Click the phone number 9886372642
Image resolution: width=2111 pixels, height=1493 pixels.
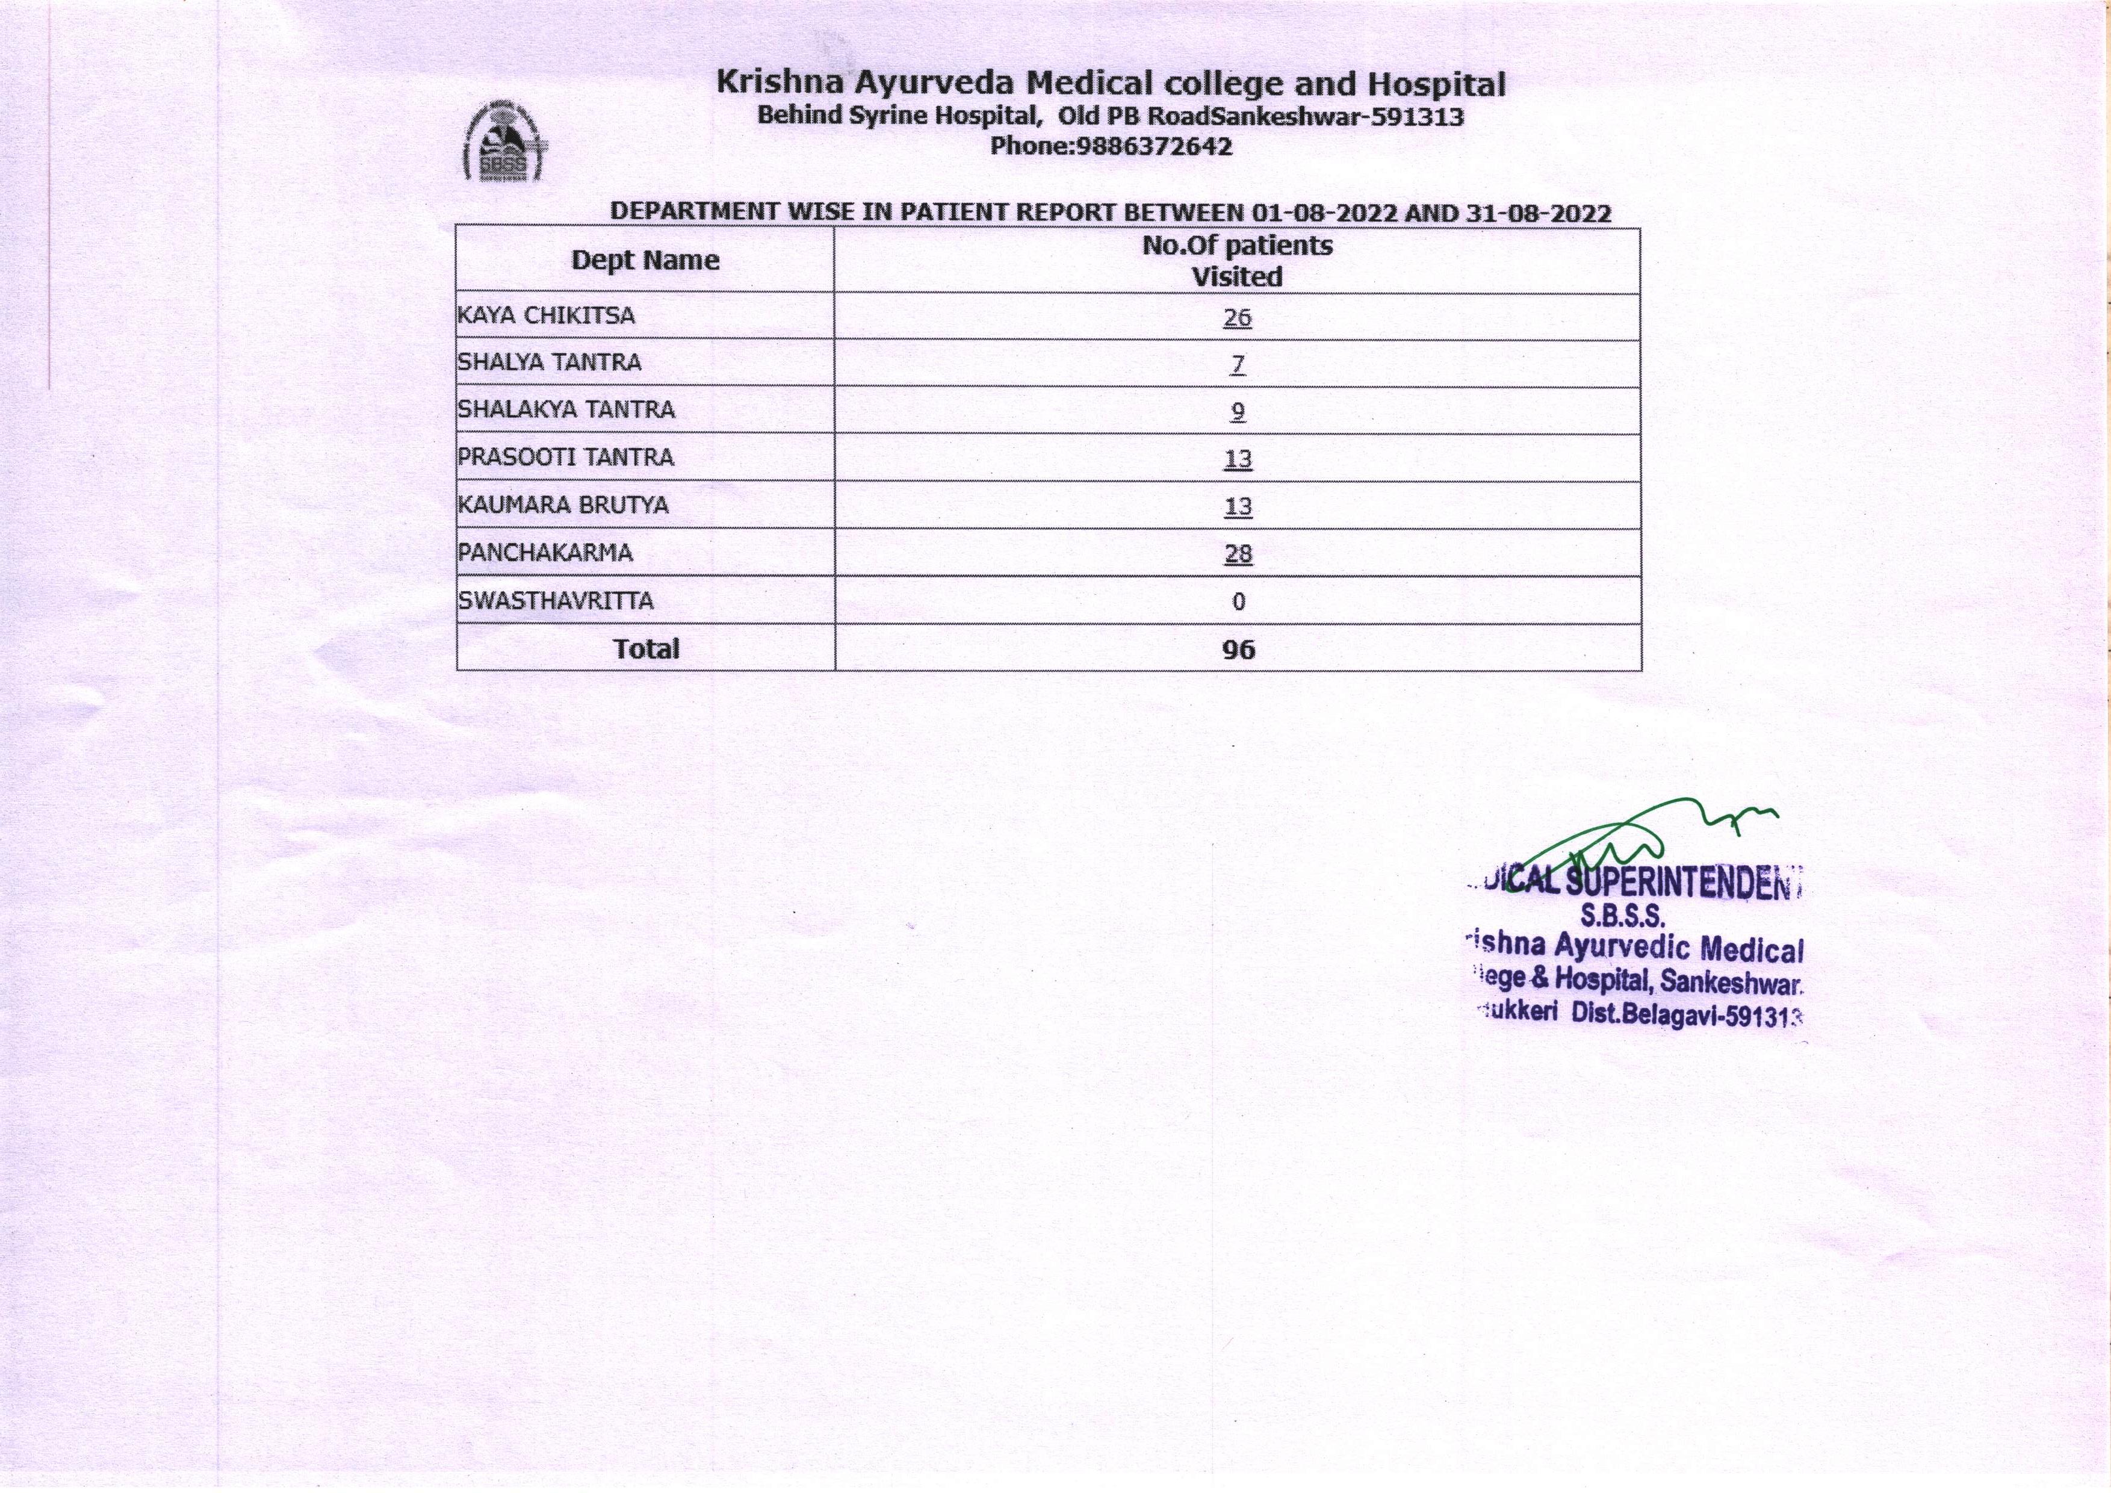point(1152,147)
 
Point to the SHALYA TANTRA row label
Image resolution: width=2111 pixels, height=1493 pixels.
point(549,363)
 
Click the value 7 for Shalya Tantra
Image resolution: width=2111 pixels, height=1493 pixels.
point(1238,365)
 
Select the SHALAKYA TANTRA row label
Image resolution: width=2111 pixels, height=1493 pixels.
point(566,410)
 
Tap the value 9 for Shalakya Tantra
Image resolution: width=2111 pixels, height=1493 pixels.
point(1238,412)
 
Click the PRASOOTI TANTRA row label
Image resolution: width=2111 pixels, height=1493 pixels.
point(565,458)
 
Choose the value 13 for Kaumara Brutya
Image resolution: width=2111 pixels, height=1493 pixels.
point(1238,506)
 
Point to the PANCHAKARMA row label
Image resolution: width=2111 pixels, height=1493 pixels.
point(545,553)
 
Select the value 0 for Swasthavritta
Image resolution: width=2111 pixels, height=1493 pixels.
point(1238,602)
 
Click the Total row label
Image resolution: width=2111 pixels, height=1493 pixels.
point(646,649)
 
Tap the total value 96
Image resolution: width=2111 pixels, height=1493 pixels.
point(1238,650)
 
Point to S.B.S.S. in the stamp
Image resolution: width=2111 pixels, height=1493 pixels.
point(1623,916)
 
